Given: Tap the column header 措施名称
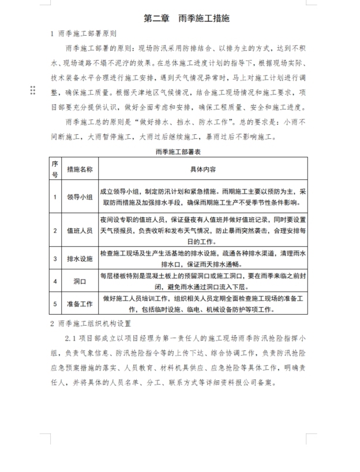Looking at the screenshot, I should [80, 169].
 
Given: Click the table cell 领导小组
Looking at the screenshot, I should [80, 197].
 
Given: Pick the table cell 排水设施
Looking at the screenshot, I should [80, 259].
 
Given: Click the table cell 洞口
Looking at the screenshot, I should [80, 282].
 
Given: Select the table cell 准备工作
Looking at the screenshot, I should [80, 303].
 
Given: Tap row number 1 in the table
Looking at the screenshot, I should [55, 197].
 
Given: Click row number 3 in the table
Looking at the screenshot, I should [55, 259].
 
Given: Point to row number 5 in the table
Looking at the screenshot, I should [55, 303].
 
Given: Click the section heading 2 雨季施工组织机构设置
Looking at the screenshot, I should [91, 324].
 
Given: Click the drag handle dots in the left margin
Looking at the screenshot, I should [32, 90].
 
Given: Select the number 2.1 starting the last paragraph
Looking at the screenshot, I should [73, 339].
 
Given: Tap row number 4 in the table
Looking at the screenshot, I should [55, 282].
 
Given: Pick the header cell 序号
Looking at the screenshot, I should [55, 169].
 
